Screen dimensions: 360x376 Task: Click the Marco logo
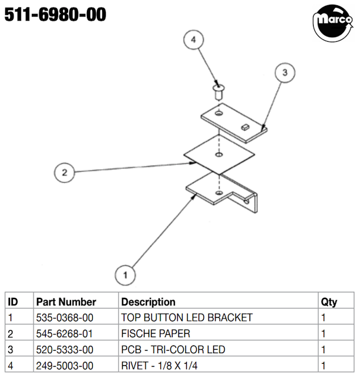[332, 23]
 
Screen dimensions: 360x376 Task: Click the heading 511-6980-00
[55, 15]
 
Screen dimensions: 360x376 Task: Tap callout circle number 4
[193, 40]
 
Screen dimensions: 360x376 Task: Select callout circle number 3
[285, 72]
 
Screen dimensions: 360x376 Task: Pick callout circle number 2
[64, 173]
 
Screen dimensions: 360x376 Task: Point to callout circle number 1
[125, 275]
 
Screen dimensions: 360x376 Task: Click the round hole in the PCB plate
[218, 113]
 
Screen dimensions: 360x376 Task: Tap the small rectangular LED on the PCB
[245, 127]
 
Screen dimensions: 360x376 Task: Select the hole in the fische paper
[219, 155]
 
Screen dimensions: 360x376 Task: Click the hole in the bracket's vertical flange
[247, 202]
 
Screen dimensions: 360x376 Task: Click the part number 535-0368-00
[65, 317]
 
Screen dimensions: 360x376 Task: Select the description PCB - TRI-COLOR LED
[173, 350]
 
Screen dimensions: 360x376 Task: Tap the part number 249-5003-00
[65, 365]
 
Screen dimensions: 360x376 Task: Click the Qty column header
[329, 302]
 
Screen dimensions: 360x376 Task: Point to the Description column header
[149, 302]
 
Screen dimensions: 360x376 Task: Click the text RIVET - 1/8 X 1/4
[159, 365]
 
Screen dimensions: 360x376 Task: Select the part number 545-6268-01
[64, 334]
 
